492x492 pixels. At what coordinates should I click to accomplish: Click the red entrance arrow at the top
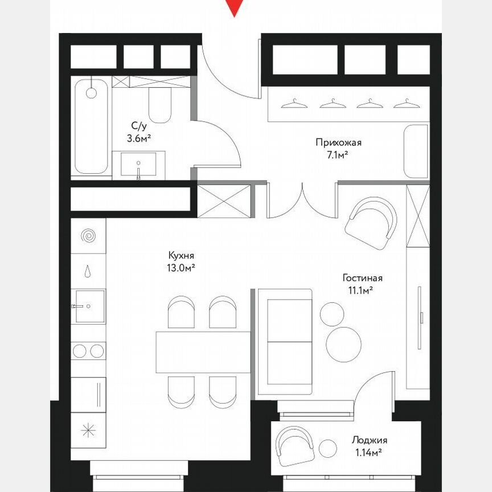pyautogui.click(x=234, y=7)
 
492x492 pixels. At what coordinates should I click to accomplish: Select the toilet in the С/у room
pyautogui.click(x=159, y=105)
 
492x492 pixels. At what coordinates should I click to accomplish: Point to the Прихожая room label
pyautogui.click(x=339, y=142)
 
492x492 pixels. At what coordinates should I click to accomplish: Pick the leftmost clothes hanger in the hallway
pyautogui.click(x=294, y=103)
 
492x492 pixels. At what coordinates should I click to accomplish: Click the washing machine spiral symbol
pyautogui.click(x=88, y=235)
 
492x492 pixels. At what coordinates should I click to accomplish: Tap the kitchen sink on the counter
pyautogui.click(x=88, y=306)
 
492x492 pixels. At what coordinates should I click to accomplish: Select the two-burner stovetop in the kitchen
pyautogui.click(x=88, y=350)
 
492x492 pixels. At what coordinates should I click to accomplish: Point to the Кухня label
pyautogui.click(x=182, y=256)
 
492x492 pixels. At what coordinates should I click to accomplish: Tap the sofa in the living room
pyautogui.click(x=285, y=342)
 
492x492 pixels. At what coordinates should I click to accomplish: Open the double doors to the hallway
pyautogui.click(x=302, y=202)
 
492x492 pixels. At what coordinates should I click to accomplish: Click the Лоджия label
pyautogui.click(x=369, y=440)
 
